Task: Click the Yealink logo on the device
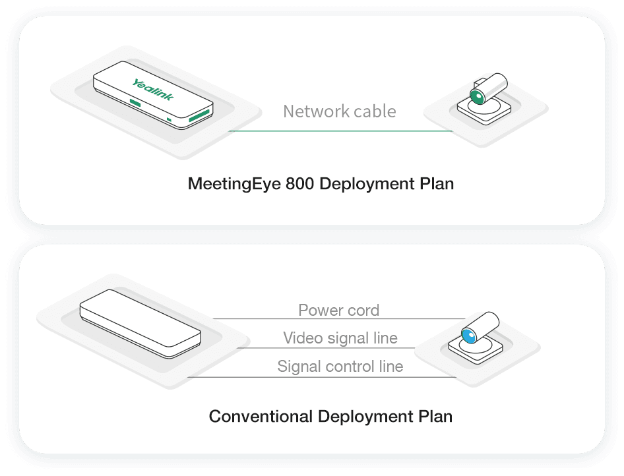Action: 152,90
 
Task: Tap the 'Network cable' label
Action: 340,111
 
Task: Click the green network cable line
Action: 340,131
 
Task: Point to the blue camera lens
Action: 468,335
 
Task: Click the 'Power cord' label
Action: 339,310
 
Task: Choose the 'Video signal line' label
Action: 340,338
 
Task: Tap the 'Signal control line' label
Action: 340,367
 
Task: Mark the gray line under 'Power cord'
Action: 339,319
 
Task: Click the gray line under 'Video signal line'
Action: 330,347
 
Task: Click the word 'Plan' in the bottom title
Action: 435,417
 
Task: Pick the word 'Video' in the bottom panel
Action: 303,338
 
